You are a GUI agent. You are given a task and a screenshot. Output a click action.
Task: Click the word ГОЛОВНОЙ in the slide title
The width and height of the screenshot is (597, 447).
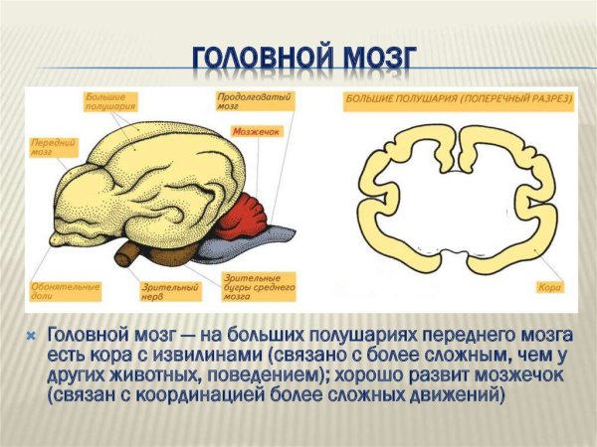click(x=254, y=58)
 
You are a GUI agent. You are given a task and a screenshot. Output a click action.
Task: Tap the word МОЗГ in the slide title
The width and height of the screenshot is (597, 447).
click(x=372, y=58)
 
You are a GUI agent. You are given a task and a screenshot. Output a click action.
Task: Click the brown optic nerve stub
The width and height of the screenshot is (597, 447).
click(x=130, y=254)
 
